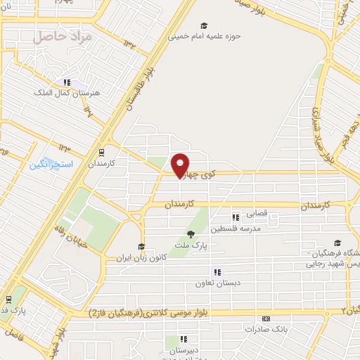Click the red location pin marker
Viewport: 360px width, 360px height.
[181, 165]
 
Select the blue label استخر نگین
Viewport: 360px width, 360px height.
[48, 165]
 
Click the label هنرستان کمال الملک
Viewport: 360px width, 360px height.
[72, 92]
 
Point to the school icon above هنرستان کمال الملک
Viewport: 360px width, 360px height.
[67, 82]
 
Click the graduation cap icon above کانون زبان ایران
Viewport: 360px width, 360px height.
[141, 246]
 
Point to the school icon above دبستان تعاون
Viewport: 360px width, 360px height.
[217, 272]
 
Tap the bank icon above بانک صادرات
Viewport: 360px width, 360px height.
[265, 319]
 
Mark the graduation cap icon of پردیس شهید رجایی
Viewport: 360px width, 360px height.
[338, 243]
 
